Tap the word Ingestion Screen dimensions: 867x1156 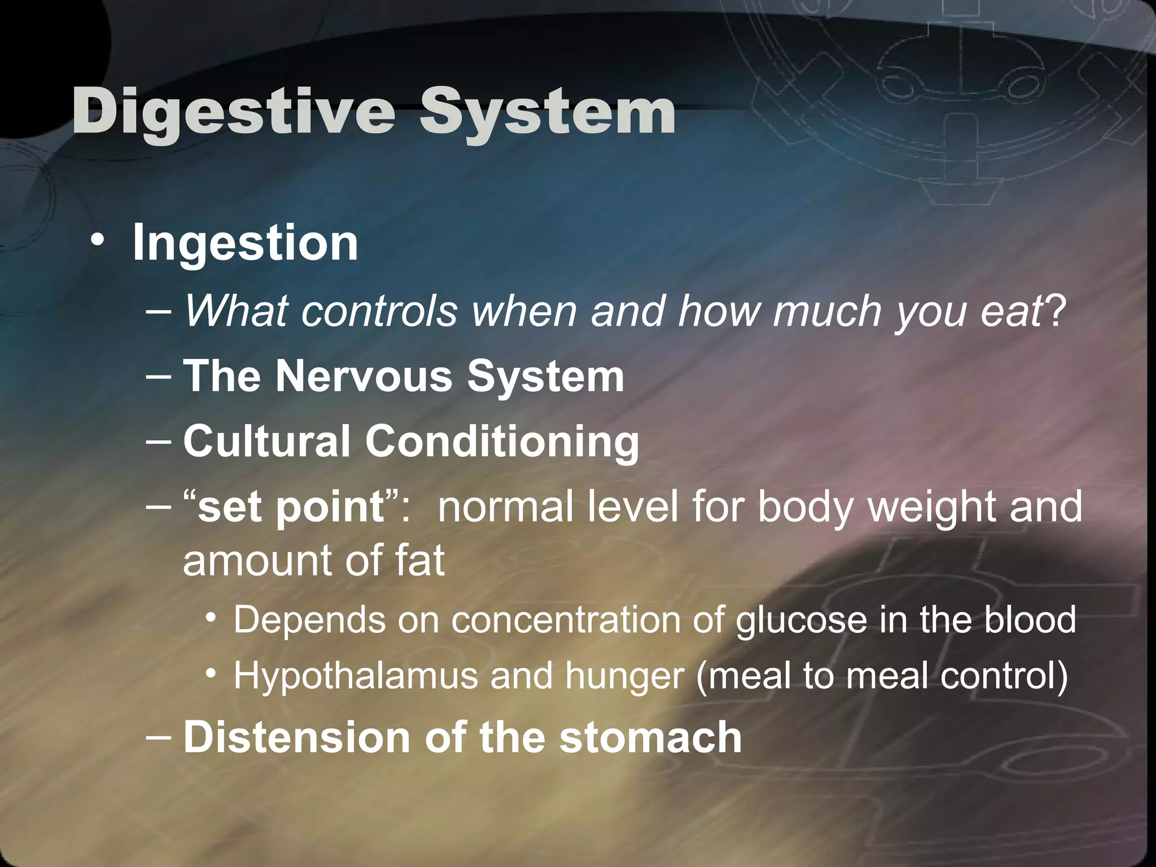click(245, 243)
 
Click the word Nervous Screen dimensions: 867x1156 click(364, 376)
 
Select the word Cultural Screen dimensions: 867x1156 click(266, 441)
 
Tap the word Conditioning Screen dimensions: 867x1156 click(502, 442)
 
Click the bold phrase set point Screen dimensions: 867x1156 click(291, 506)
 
